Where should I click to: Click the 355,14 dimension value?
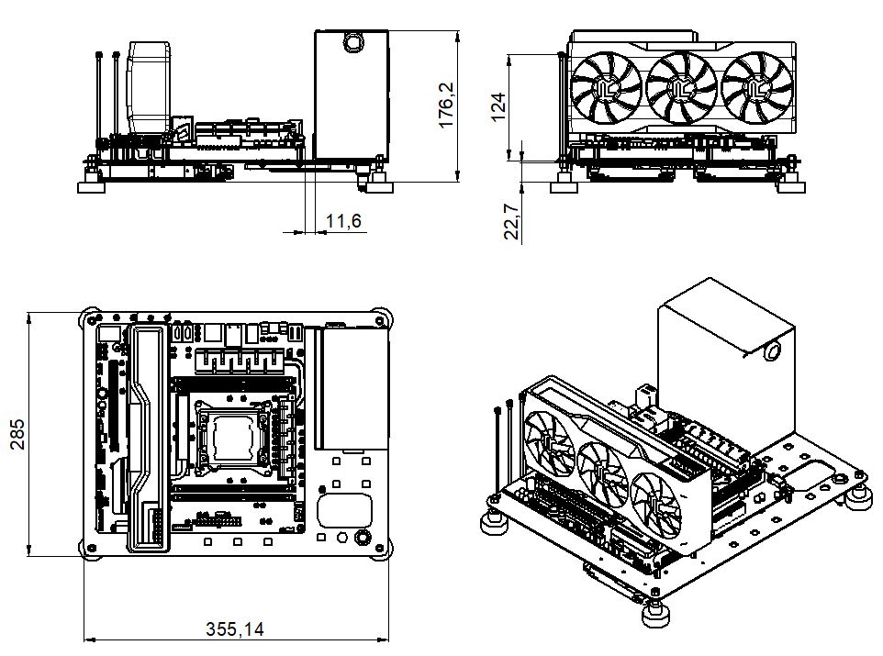(x=234, y=628)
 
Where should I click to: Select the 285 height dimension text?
(x=18, y=434)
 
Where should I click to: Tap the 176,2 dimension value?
(x=446, y=106)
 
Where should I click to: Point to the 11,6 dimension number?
(x=343, y=221)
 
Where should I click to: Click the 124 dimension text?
(x=498, y=107)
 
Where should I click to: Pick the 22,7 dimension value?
(x=511, y=222)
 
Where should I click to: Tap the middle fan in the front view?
(x=681, y=87)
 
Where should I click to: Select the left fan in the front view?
(x=606, y=87)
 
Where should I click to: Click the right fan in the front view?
(x=757, y=87)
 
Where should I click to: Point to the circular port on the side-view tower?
(x=353, y=42)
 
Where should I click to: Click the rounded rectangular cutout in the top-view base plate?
(x=344, y=510)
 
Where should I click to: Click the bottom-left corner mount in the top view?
(x=90, y=548)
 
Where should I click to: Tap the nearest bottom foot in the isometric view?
(x=655, y=616)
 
